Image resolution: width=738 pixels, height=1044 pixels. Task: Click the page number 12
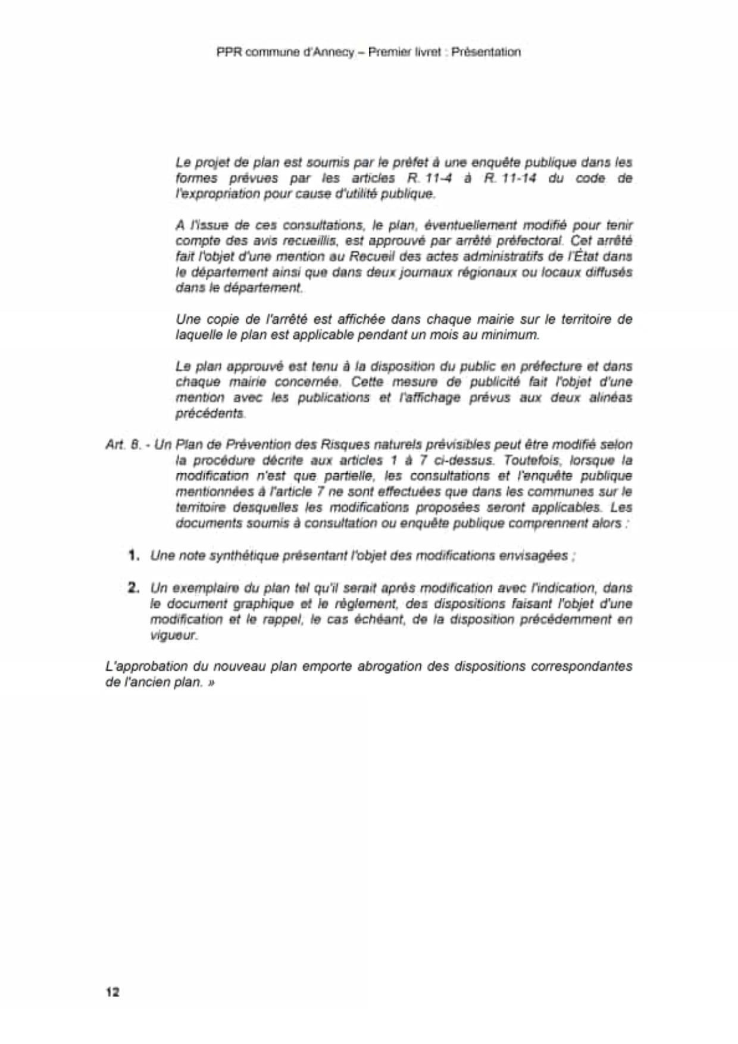pos(112,992)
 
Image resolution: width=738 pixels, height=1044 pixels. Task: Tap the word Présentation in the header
pos(486,52)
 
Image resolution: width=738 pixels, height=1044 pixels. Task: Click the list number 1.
pos(134,555)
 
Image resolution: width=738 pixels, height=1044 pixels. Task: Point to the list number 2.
pos(134,587)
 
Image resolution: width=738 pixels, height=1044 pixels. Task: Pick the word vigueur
pos(173,635)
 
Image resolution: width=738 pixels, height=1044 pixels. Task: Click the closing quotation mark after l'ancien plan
pos(211,682)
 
